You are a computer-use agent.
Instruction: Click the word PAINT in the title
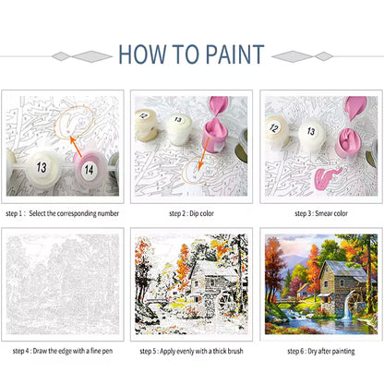[234, 54]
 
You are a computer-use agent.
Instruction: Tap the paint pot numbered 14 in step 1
[89, 169]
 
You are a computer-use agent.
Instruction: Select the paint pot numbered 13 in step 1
[42, 167]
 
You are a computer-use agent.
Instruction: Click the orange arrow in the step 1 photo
[76, 147]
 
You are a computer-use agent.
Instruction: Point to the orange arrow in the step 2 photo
[203, 153]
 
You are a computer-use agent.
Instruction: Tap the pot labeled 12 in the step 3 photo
[275, 130]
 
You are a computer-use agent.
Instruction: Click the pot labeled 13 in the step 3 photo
[312, 135]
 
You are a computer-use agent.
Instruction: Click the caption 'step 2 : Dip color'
[191, 213]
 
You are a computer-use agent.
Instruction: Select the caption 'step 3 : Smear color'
[321, 213]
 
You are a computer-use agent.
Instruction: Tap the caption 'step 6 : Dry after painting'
[321, 351]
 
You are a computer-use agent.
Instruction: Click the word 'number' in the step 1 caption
[108, 213]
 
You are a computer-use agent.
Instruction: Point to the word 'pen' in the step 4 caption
[106, 351]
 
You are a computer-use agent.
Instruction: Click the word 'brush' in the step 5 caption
[234, 351]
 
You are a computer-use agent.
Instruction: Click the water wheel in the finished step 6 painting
[357, 302]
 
